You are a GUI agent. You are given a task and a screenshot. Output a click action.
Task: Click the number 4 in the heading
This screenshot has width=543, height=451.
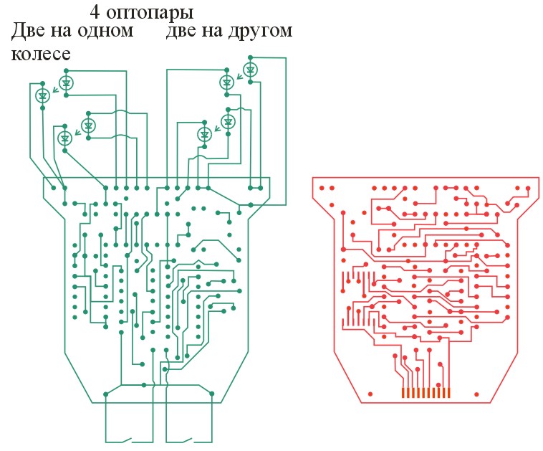(95, 12)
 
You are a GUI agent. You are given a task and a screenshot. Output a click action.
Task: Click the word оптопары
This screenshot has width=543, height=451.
(150, 14)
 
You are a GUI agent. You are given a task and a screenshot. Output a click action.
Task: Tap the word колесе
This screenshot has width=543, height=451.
(41, 54)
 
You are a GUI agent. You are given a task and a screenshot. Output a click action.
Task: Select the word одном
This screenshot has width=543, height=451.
(105, 32)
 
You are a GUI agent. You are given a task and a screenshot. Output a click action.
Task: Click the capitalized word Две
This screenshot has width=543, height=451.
(28, 31)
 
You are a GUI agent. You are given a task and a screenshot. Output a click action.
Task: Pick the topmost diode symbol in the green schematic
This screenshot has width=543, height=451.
(251, 70)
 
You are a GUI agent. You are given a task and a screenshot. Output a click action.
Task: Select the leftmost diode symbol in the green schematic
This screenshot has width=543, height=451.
(42, 95)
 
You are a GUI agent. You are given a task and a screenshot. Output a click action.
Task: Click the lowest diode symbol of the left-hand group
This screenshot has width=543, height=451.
(64, 138)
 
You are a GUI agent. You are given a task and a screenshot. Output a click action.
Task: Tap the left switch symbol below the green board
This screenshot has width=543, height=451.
(127, 440)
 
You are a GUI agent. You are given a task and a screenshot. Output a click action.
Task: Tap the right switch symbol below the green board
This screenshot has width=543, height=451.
(188, 440)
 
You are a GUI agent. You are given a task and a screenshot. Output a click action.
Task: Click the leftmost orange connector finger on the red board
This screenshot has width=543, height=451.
(403, 393)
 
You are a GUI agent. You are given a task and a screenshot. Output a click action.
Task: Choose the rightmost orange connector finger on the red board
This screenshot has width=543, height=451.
(449, 393)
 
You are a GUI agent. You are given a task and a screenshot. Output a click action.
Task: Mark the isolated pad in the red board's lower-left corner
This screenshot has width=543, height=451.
(370, 394)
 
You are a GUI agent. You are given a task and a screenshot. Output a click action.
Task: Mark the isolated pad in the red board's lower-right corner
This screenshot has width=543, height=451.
(476, 394)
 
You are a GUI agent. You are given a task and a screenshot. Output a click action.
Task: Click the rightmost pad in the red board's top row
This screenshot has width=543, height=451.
(528, 189)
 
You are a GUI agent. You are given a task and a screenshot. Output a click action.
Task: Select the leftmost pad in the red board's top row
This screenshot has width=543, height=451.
(322, 189)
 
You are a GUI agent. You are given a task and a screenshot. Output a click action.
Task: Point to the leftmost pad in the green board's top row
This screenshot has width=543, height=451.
(53, 188)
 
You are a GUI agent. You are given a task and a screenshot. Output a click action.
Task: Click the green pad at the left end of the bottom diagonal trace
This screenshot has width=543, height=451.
(105, 394)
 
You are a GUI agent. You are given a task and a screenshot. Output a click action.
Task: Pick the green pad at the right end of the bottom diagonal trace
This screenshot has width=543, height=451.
(212, 394)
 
